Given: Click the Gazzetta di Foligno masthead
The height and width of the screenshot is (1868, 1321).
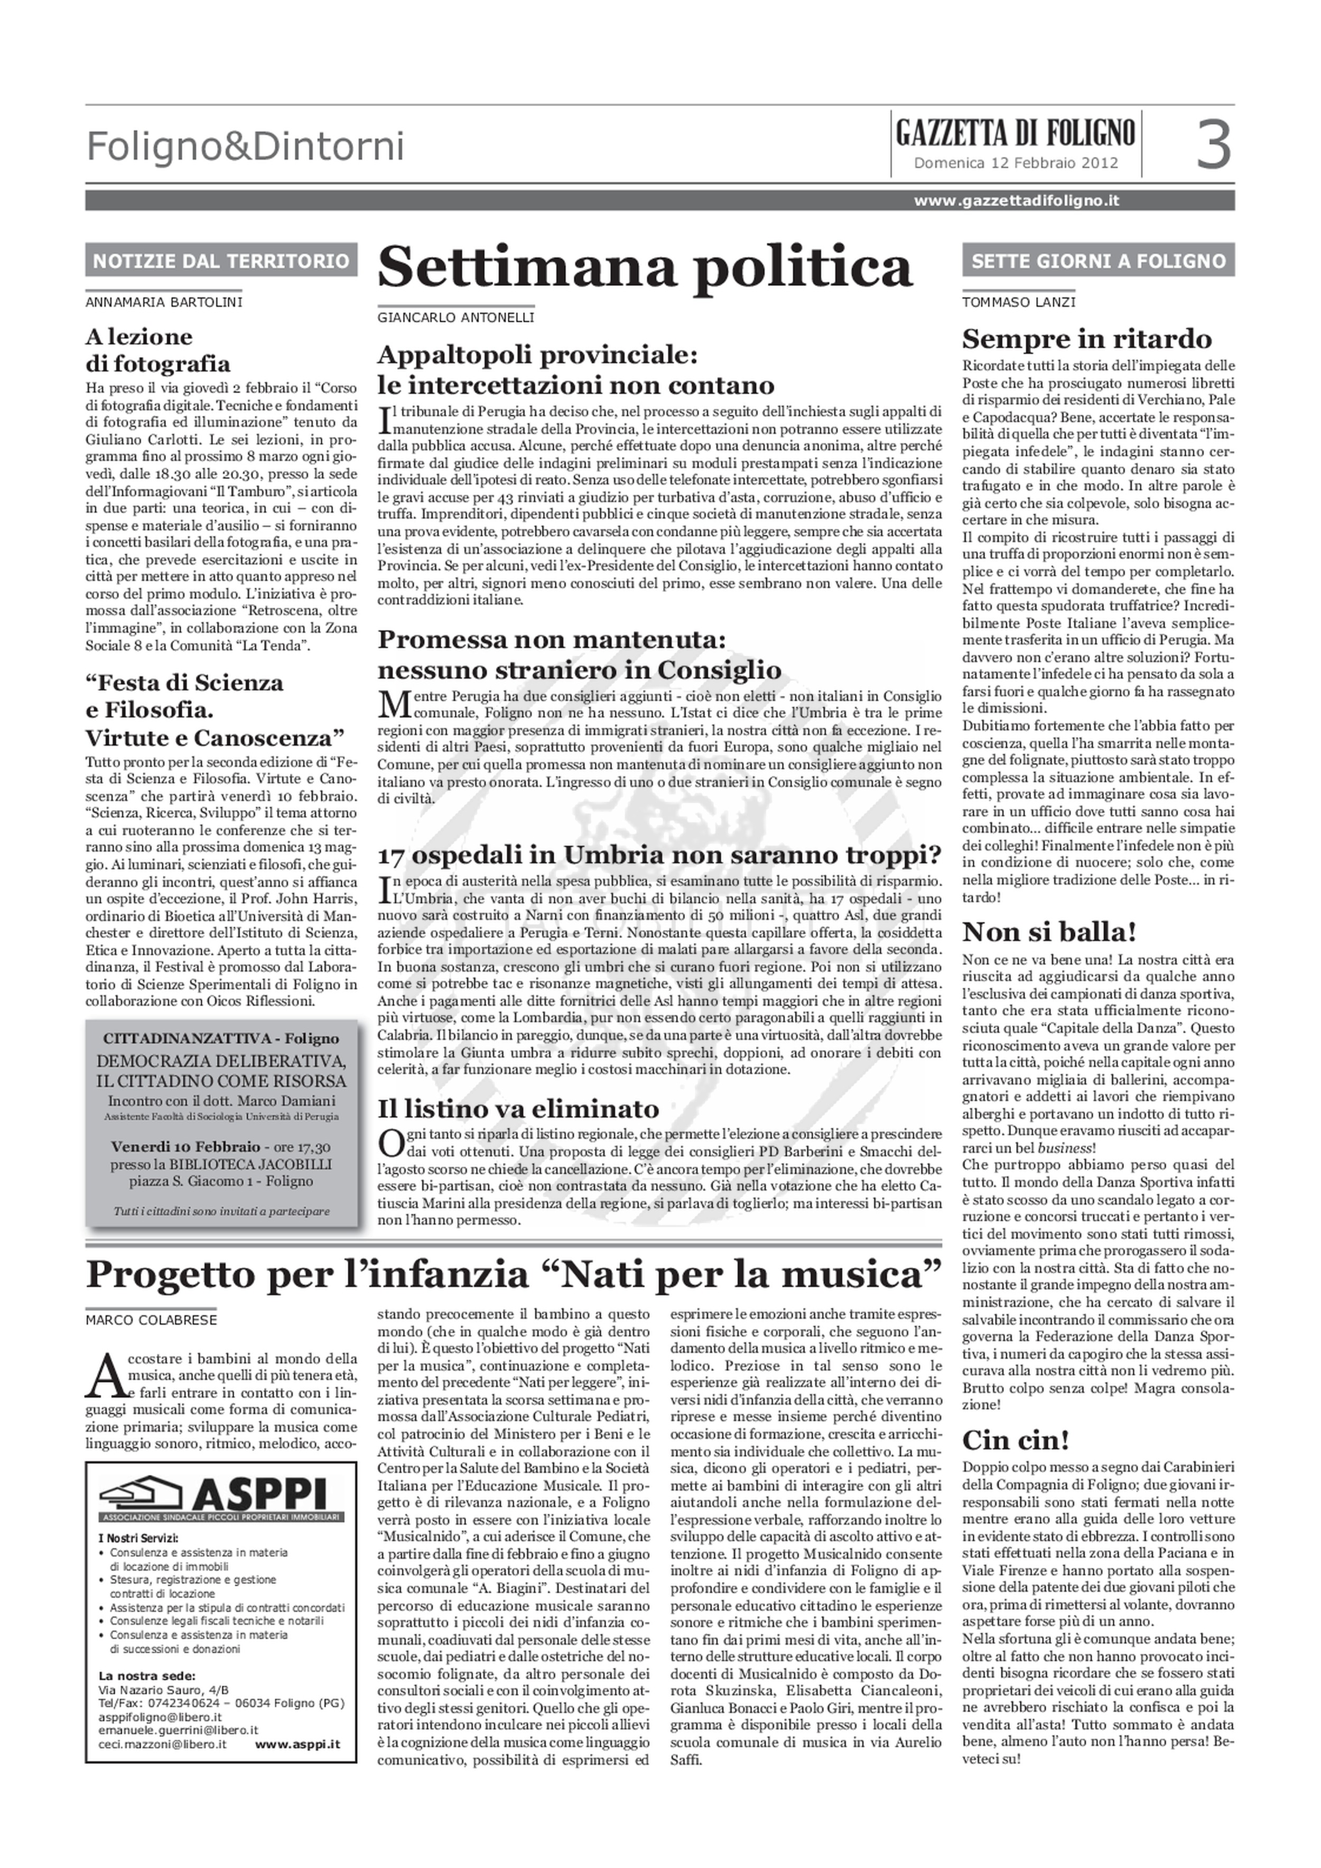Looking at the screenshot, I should [x=1015, y=133].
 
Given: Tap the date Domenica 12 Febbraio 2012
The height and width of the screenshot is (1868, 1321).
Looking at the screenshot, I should [x=1015, y=163].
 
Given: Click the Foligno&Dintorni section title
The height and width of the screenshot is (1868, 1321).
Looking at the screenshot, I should [x=245, y=147].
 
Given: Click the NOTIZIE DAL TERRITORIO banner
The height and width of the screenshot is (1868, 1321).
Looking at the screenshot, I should [x=221, y=261].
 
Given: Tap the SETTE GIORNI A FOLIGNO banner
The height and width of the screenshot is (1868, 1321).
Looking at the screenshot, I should [x=1098, y=261].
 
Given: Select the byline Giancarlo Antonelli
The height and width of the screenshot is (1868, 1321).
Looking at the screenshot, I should [x=455, y=318].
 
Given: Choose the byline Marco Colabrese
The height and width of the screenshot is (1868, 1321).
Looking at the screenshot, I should [x=151, y=1319].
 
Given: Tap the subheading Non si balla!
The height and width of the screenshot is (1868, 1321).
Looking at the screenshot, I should [x=1049, y=931].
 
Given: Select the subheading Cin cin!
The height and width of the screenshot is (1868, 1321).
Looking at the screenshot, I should [x=1015, y=1440].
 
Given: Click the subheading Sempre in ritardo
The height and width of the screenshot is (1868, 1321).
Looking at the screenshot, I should [x=1087, y=338].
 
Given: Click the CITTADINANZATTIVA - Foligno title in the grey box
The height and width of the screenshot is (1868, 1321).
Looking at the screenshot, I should [x=221, y=1039].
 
